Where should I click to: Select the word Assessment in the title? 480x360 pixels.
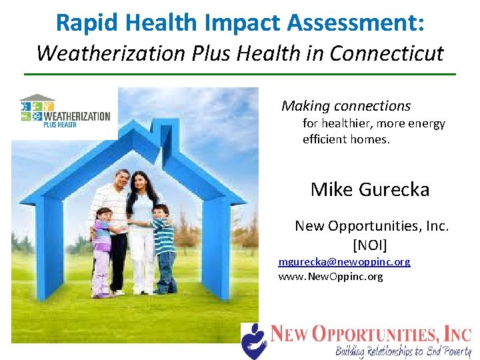click(x=353, y=22)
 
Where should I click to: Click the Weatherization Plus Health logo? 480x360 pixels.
click(x=65, y=111)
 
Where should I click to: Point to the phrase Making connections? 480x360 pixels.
click(x=346, y=106)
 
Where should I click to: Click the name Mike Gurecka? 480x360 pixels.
click(x=370, y=189)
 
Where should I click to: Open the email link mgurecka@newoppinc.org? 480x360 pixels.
click(x=344, y=262)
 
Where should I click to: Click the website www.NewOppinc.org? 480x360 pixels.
click(x=330, y=276)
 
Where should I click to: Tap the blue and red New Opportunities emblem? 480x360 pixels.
click(x=253, y=339)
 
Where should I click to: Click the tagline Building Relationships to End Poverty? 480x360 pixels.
click(x=402, y=351)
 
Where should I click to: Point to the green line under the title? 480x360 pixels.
click(x=240, y=74)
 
